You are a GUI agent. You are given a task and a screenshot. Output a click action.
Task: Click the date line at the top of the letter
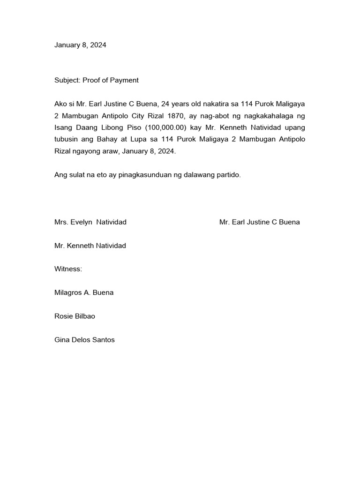[x=80, y=45]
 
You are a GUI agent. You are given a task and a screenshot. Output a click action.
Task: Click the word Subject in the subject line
[x=67, y=80]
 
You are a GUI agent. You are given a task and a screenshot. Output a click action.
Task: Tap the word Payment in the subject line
[x=124, y=80]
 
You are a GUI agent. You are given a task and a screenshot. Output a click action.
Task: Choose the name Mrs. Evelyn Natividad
[x=90, y=222]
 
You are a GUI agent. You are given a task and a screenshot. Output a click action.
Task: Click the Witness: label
[x=68, y=269]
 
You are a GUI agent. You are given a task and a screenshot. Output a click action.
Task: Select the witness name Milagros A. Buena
[x=84, y=292]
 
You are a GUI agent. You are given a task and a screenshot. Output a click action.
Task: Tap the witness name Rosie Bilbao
[x=75, y=316]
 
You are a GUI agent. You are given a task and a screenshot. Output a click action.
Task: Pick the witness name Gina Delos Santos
[x=84, y=340]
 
